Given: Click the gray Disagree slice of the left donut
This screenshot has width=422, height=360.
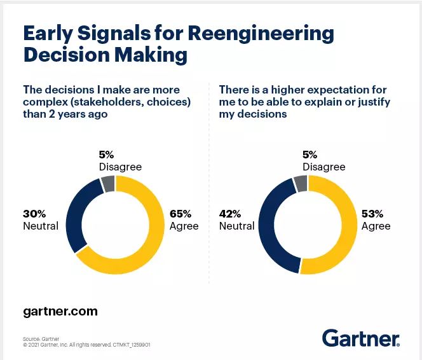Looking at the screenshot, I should point(108,184).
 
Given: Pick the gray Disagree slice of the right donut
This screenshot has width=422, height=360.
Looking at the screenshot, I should point(300,184).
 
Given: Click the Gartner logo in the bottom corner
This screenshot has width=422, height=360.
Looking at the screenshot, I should point(360,338).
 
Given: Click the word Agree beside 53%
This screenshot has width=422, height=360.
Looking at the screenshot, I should point(376,226).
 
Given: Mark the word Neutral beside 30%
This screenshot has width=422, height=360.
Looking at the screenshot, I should point(41,226).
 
